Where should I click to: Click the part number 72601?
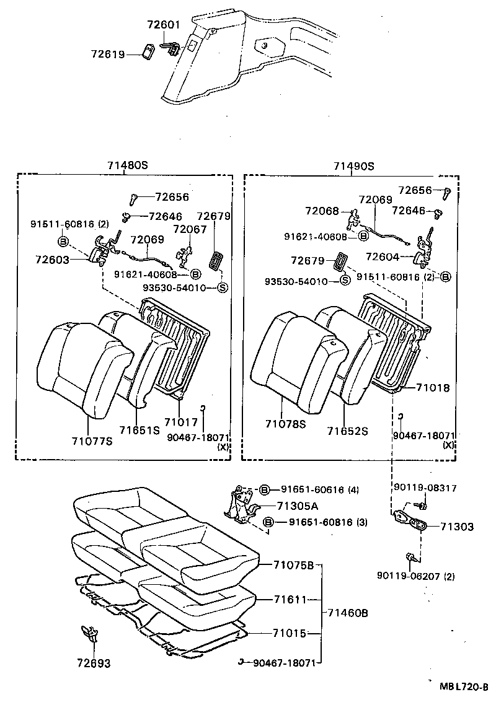163,25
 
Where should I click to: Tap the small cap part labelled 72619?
149,52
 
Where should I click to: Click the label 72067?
189,229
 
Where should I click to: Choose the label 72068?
322,211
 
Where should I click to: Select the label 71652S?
348,430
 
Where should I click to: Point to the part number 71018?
432,388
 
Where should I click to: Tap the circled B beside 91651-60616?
265,489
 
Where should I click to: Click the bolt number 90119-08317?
425,488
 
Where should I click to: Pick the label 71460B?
347,613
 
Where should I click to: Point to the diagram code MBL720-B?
464,686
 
